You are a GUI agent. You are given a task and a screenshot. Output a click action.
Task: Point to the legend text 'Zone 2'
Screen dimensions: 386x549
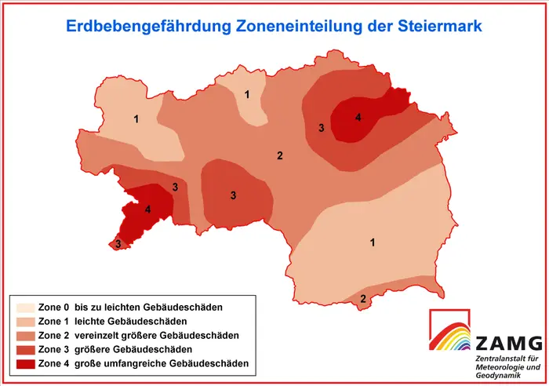pyautogui.click(x=53, y=335)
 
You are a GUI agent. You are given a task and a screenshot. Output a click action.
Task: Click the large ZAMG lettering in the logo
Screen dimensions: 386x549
pyautogui.click(x=509, y=343)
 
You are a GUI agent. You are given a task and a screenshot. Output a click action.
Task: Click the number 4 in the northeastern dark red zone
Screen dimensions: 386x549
pyautogui.click(x=358, y=118)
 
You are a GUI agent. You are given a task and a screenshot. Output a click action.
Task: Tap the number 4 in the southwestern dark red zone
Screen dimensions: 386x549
pyautogui.click(x=147, y=209)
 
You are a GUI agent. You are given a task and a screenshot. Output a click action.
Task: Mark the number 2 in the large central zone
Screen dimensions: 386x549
pyautogui.click(x=279, y=155)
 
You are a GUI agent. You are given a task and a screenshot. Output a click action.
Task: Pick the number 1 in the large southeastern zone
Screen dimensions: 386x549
pyautogui.click(x=373, y=242)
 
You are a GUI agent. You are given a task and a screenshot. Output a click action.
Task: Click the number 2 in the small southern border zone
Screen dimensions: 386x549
pyautogui.click(x=362, y=298)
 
